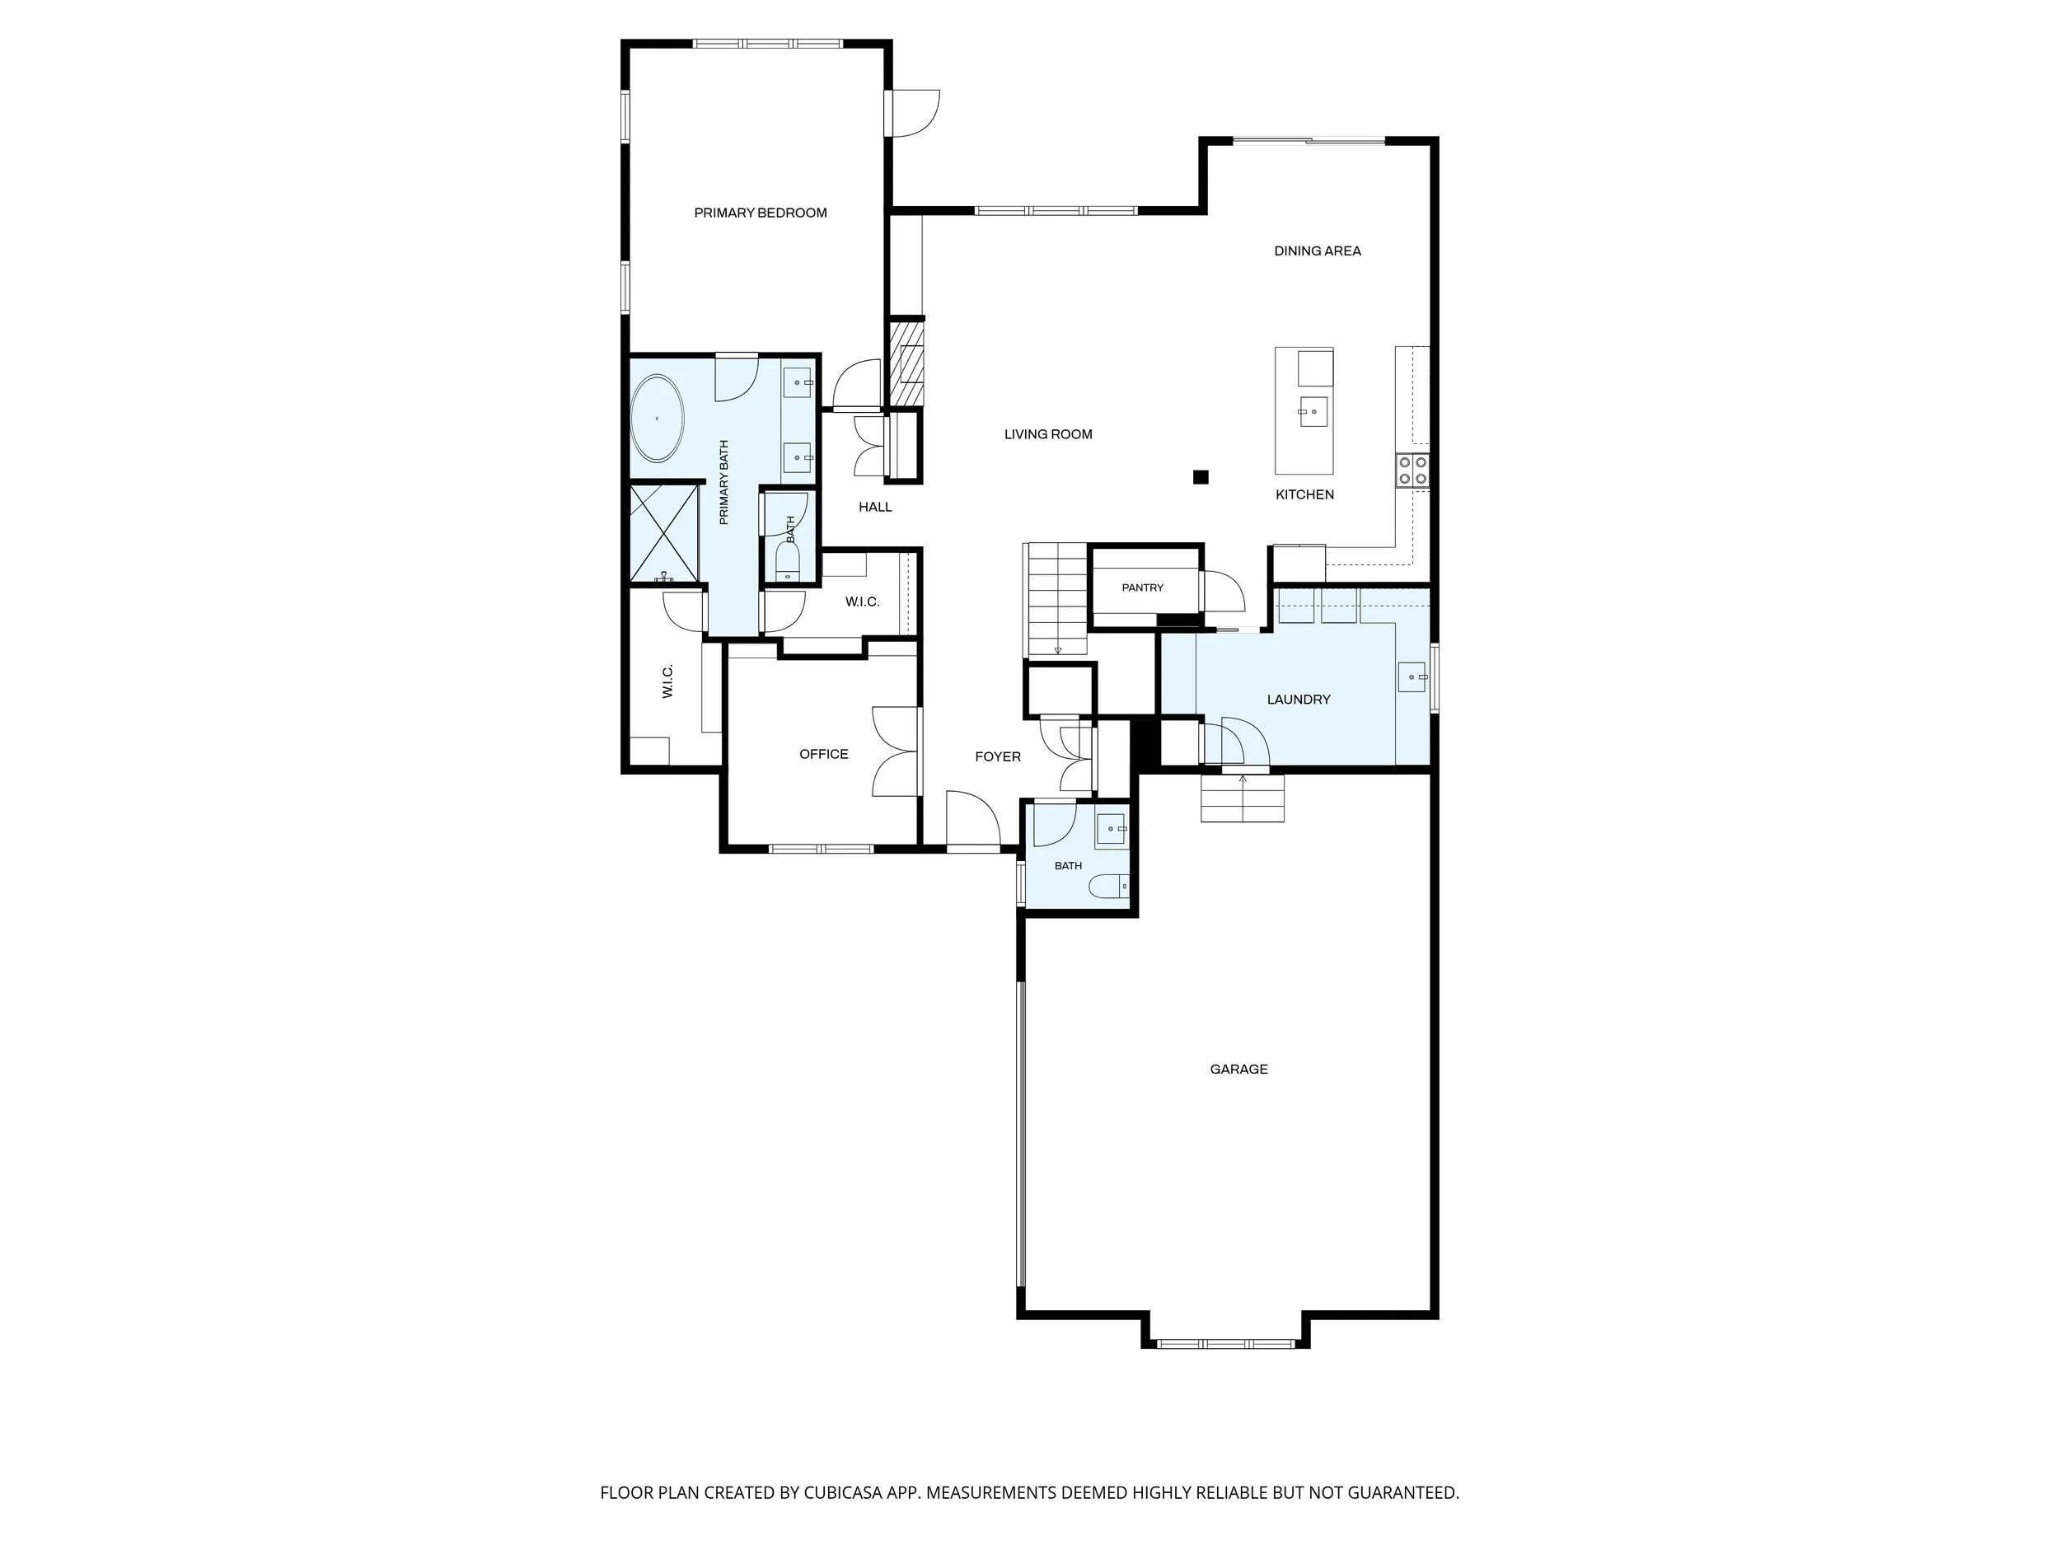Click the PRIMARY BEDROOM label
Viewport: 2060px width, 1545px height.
[760, 213]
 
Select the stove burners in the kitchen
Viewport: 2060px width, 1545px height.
[1412, 470]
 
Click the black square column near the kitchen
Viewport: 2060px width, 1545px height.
[1201, 478]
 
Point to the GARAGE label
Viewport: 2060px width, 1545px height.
[1238, 1069]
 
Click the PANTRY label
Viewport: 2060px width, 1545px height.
[1143, 588]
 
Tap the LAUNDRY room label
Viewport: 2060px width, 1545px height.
[1298, 700]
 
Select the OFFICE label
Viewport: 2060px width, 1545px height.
[823, 754]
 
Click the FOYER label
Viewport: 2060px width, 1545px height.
[997, 757]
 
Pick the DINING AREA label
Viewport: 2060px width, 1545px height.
[1317, 251]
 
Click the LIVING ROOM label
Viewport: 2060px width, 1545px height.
[1047, 434]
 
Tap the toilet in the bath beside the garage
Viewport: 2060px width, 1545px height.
[1108, 887]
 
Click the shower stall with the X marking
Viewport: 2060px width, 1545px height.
[664, 534]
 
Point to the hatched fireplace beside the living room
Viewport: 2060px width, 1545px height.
[906, 363]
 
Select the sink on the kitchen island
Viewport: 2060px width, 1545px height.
[1312, 410]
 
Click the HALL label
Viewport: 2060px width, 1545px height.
[874, 508]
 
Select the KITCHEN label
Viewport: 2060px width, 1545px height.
[1304, 495]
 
